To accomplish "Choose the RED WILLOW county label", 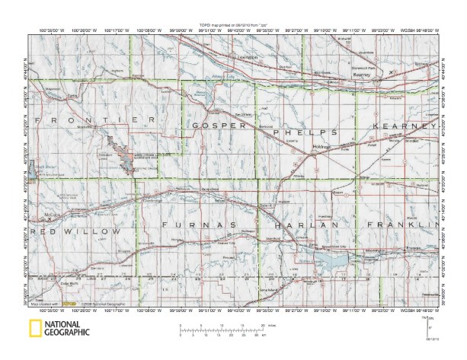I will point(78,231).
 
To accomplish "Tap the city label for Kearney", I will point(361,76).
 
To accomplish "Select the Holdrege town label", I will point(320,144).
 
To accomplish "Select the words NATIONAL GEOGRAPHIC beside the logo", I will point(67,330).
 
